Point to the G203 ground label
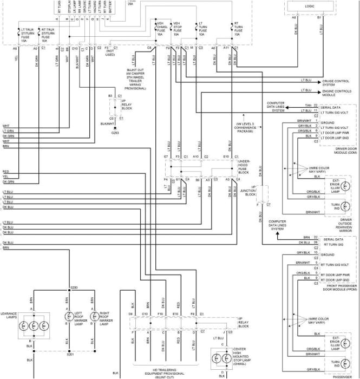tap(115, 132)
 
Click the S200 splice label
tap(74, 287)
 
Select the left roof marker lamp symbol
tap(68, 317)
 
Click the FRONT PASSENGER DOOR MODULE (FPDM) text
tap(338, 287)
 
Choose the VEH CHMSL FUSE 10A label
tap(161, 29)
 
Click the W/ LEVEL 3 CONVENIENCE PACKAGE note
tap(245, 127)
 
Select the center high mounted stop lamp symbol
tap(222, 358)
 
